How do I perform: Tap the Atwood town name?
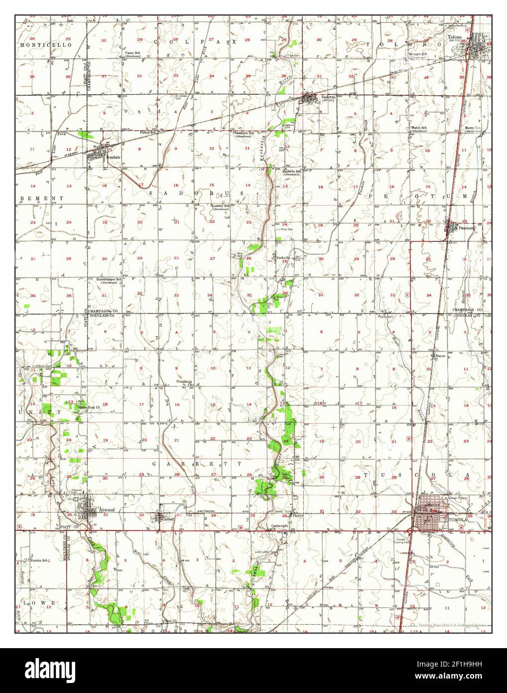tap(107, 510)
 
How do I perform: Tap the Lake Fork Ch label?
tap(90, 408)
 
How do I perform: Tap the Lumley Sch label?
tap(221, 205)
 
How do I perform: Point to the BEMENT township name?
tap(42, 198)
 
